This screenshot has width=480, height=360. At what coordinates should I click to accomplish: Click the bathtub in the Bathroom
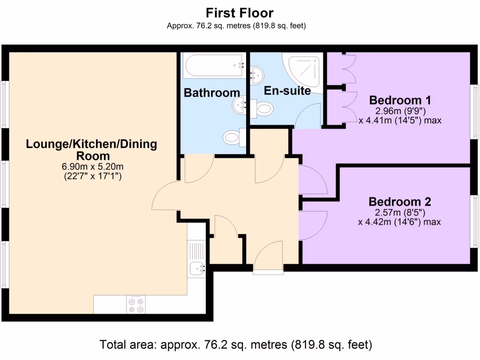tap(214, 67)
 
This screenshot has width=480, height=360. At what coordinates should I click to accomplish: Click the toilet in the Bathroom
tap(232, 137)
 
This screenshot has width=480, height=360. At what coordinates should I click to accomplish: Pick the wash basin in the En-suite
tap(257, 74)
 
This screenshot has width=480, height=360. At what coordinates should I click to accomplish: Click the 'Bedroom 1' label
tap(400, 100)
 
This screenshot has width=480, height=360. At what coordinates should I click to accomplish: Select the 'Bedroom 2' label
tap(399, 202)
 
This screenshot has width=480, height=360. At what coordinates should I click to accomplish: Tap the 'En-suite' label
tap(287, 91)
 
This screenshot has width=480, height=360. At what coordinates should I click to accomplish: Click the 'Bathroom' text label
tap(211, 93)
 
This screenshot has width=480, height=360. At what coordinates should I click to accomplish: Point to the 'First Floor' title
tap(240, 13)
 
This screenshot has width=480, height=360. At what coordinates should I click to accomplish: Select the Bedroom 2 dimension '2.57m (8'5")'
tap(399, 213)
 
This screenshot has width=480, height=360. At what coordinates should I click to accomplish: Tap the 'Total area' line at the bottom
tap(236, 345)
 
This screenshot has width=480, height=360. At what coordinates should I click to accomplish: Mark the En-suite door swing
tap(308, 117)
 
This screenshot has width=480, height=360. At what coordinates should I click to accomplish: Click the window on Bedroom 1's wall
tap(474, 111)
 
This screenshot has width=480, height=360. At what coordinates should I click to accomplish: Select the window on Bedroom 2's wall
tap(474, 220)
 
